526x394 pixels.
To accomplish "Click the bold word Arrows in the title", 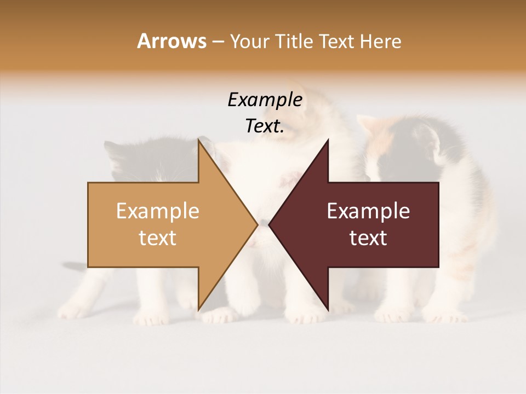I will (171, 41).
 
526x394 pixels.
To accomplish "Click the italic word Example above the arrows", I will (265, 100).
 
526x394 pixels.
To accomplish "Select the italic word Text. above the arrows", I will (265, 126).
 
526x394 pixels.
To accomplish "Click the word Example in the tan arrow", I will (158, 211).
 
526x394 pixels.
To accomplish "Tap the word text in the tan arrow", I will (158, 238).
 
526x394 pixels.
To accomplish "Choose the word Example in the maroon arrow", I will (368, 211).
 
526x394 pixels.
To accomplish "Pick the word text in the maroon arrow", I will (368, 238).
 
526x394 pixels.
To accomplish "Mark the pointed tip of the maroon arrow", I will (270, 224).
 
